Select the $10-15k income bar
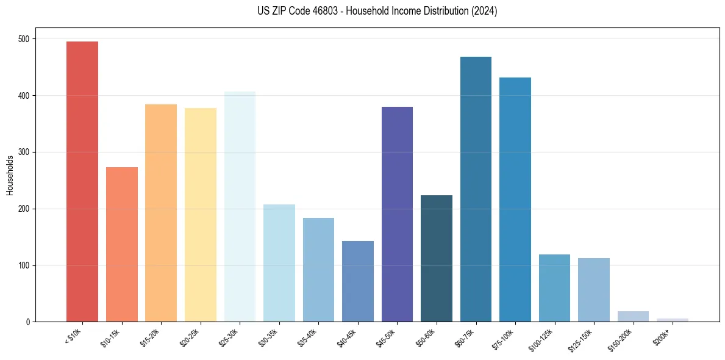(122, 244)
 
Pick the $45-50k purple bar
(397, 214)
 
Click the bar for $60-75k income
(476, 189)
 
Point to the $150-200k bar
(633, 317)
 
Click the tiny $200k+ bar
(673, 320)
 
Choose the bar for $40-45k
(358, 281)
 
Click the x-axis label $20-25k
(189, 336)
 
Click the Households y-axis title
(10, 175)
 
